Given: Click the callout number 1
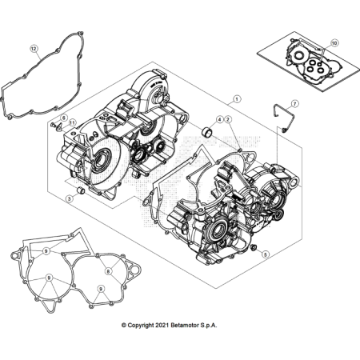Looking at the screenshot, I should click(237, 100).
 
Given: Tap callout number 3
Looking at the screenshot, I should click(69, 198).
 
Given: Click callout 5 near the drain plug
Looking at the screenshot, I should click(266, 254).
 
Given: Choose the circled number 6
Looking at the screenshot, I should click(64, 118).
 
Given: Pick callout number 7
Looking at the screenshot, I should click(294, 104).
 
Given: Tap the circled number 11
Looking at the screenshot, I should click(72, 122).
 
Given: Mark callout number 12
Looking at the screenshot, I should click(34, 49).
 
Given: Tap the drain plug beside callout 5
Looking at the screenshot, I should click(254, 253).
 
